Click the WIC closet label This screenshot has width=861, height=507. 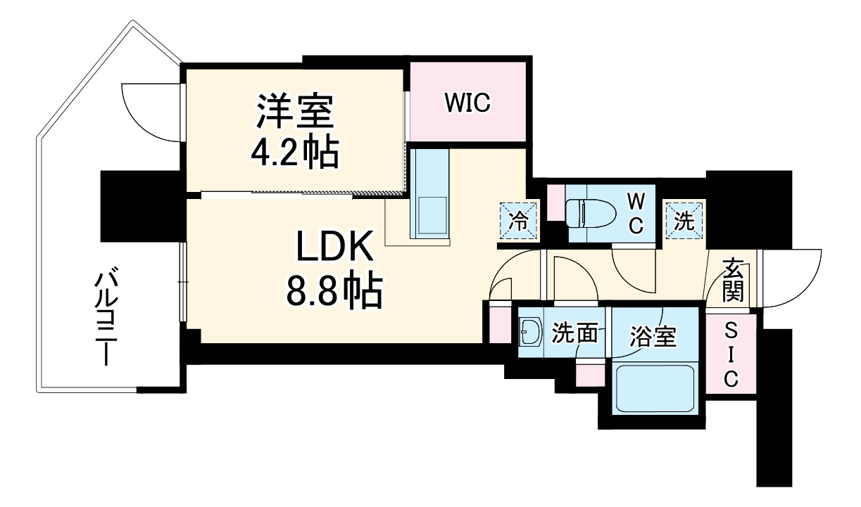[x=467, y=103]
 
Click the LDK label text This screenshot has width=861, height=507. [x=332, y=250]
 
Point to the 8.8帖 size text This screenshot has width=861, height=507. [x=332, y=290]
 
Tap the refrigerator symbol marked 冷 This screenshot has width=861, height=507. [x=518, y=220]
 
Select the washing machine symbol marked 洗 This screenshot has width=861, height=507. [x=684, y=220]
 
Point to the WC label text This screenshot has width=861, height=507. [x=635, y=214]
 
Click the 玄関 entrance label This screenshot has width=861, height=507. [x=733, y=280]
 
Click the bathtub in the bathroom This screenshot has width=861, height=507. [x=655, y=388]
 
